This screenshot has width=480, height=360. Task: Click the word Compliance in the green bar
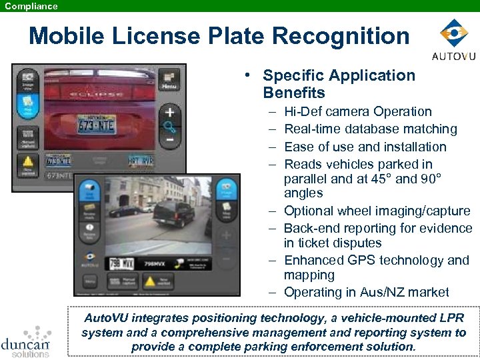click(31, 6)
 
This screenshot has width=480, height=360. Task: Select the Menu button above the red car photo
click(169, 81)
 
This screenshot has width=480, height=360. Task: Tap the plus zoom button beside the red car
click(170, 112)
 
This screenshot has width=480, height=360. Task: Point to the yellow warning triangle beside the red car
click(28, 163)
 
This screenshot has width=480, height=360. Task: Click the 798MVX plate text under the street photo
click(155, 263)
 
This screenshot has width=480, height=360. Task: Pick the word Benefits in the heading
click(294, 93)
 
